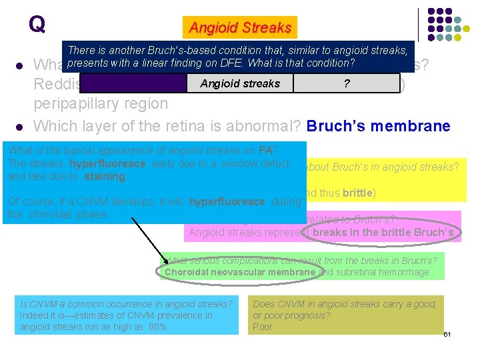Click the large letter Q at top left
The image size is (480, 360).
pos(37,24)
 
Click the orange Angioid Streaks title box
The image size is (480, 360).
pos(240,27)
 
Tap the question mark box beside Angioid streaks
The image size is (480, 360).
pos(346,83)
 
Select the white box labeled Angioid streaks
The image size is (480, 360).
pos(240,83)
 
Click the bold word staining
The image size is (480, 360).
pos(105,177)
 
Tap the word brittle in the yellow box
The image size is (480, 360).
pos(358,193)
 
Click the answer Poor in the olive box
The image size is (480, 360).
pos(263,327)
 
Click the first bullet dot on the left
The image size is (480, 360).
pos(20,66)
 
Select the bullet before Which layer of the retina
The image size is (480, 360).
pos(20,126)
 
